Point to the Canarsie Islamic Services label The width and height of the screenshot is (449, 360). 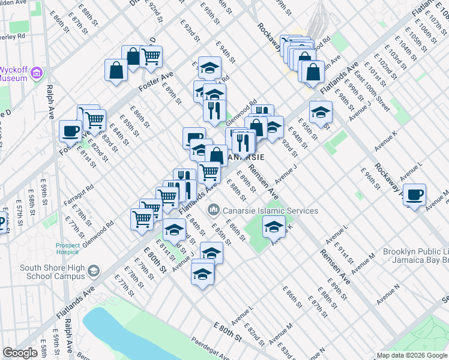coord(270,211)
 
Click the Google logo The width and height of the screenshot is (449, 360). coord(20,353)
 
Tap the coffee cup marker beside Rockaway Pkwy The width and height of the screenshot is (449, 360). coord(414,195)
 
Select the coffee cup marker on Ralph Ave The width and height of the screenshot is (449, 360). coord(71,131)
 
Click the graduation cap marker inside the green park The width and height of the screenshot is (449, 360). coord(274,227)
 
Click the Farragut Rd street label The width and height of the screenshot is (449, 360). coord(82,191)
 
